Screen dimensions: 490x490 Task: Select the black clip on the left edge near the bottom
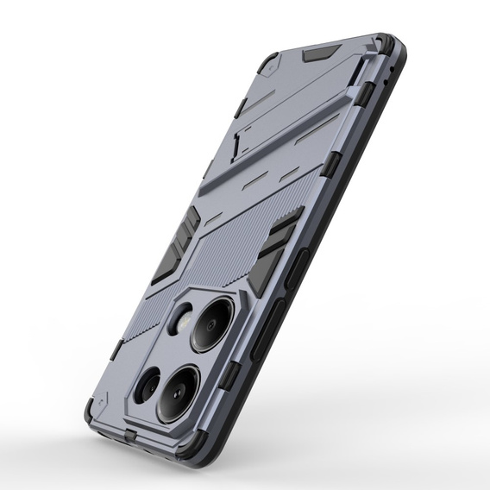[117, 349]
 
